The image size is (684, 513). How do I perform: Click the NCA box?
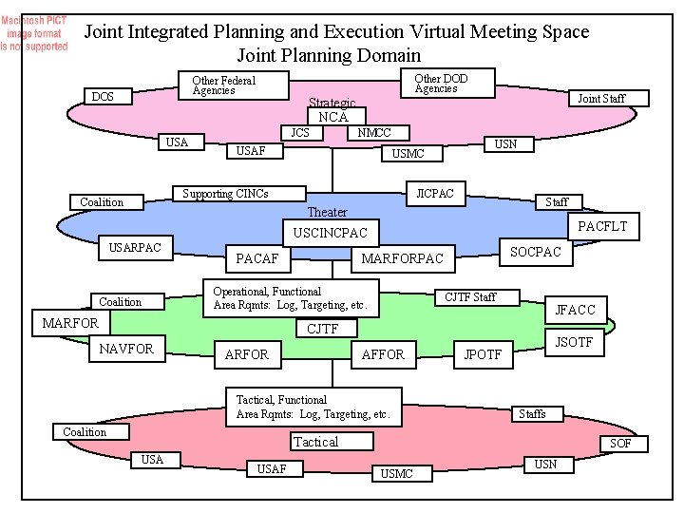pyautogui.click(x=333, y=117)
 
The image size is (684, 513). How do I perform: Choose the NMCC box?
pyautogui.click(x=372, y=133)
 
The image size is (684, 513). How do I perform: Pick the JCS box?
pyautogui.click(x=300, y=133)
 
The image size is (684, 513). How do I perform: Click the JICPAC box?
pyautogui.click(x=435, y=194)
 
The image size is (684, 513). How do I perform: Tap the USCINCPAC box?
pyautogui.click(x=330, y=233)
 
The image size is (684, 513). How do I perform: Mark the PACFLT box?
pyautogui.click(x=603, y=226)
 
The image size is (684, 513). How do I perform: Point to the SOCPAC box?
pyautogui.click(x=537, y=252)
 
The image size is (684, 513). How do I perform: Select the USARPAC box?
pyautogui.click(x=136, y=249)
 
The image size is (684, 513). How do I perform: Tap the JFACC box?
pyautogui.click(x=575, y=310)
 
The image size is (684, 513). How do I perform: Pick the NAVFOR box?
pyautogui.click(x=127, y=349)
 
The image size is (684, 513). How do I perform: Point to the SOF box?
pyautogui.click(x=620, y=444)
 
